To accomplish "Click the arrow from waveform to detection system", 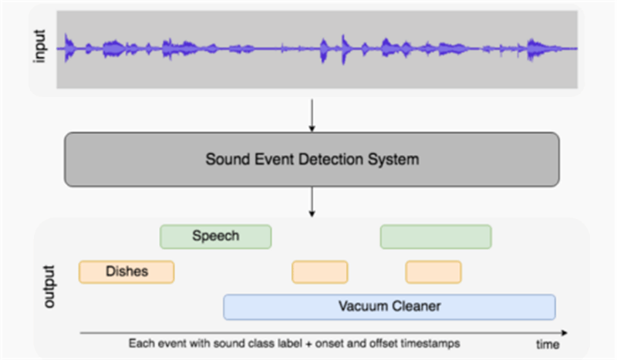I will click(311, 115).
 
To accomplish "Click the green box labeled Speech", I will click(215, 237).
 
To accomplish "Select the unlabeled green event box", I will click(435, 237).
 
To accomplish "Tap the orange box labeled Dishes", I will click(126, 271).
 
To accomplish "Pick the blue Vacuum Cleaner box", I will click(389, 307).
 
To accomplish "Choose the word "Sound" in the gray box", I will click(223, 160).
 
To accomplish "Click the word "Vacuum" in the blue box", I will click(363, 307).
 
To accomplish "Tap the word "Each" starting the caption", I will click(140, 341).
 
